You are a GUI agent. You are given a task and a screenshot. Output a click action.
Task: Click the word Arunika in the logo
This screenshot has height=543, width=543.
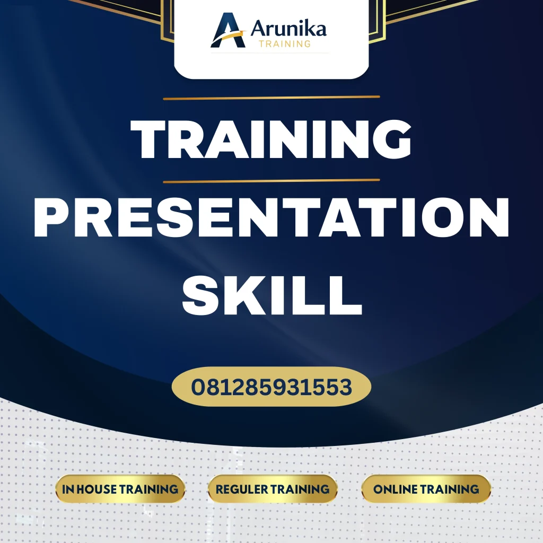(x=288, y=28)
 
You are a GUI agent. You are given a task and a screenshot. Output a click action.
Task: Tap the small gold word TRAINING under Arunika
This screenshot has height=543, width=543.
(x=285, y=44)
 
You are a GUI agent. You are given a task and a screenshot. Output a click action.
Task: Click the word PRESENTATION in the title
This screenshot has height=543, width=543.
(x=271, y=218)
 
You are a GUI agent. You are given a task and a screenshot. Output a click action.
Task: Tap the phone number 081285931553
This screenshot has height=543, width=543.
(x=271, y=387)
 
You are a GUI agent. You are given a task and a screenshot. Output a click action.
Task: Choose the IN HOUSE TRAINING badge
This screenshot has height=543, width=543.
(x=120, y=489)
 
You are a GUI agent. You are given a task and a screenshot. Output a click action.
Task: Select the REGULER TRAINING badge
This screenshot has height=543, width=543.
(x=273, y=489)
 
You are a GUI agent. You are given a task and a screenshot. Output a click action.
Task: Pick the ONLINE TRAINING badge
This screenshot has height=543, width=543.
(x=426, y=489)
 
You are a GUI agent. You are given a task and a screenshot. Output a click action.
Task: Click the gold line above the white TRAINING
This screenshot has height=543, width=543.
(x=271, y=98)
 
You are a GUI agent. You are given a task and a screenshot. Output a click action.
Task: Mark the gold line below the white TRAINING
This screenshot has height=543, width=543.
(x=271, y=181)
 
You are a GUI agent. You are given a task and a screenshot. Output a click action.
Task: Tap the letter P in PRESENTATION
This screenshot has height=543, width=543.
(x=53, y=218)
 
